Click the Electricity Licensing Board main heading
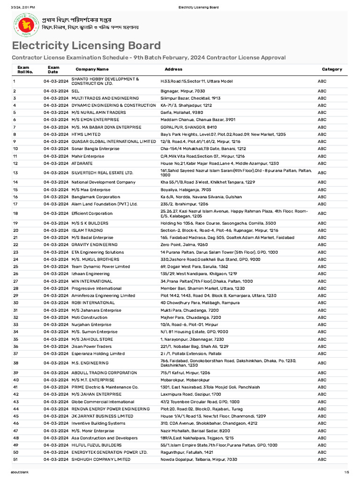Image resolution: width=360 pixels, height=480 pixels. click(x=86, y=45)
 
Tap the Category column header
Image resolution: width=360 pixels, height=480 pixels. click(x=331, y=69)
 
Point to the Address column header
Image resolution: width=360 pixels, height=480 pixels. click(x=173, y=69)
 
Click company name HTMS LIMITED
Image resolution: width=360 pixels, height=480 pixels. click(x=86, y=134)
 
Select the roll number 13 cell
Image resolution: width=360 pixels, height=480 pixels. click(x=15, y=173)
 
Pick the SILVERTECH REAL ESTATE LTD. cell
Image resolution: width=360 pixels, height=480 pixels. click(x=102, y=173)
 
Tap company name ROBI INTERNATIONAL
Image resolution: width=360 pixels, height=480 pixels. click(x=93, y=303)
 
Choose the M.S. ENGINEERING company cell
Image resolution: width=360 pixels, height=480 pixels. click(x=90, y=363)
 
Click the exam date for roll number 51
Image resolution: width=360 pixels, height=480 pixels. click(x=56, y=459)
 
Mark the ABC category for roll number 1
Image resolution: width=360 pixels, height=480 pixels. click(x=322, y=81)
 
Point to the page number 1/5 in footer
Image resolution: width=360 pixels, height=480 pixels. click(x=346, y=472)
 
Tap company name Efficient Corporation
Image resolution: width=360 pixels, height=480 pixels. click(x=92, y=213)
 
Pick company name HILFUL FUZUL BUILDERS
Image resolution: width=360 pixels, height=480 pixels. click(x=96, y=445)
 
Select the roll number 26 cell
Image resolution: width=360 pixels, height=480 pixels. click(x=15, y=274)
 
